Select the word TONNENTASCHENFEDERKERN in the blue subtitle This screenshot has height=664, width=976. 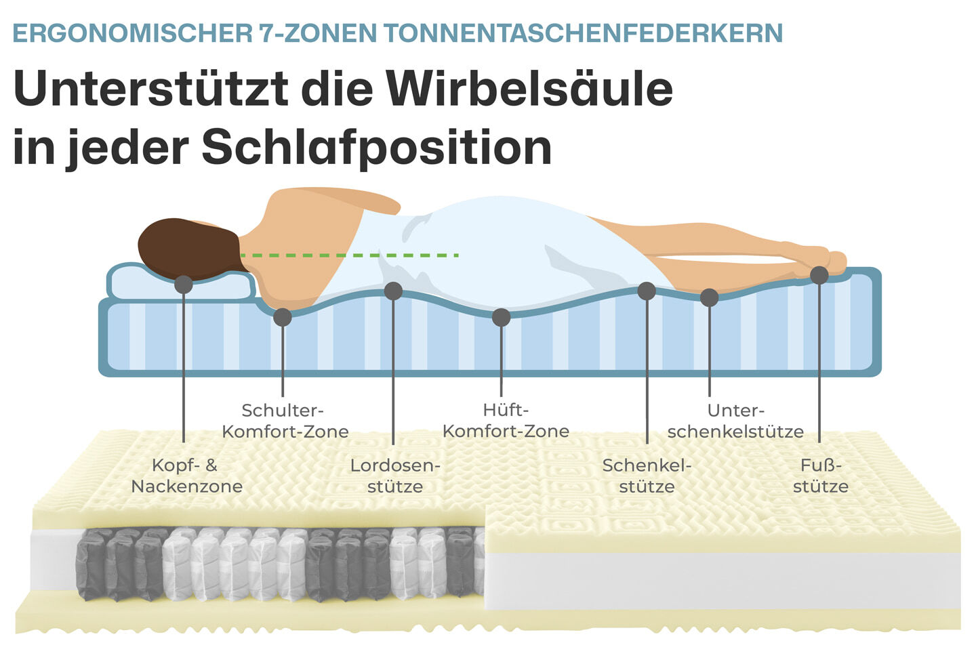click(583, 33)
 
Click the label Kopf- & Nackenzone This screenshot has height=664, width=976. click(186, 476)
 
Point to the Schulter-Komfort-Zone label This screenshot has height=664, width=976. click(285, 421)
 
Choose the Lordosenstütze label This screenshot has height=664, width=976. click(395, 476)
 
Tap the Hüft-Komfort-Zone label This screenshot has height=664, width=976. click(506, 421)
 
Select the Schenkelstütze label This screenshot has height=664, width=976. click(647, 476)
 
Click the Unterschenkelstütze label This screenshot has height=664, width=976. click(735, 421)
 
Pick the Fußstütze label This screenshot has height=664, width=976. click(820, 476)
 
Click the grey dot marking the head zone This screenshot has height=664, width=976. click(183, 284)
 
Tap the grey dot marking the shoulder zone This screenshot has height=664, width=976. click(283, 316)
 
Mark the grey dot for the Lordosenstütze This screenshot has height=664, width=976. click(393, 291)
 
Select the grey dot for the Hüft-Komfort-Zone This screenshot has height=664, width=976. click(501, 316)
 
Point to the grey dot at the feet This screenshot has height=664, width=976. click(819, 275)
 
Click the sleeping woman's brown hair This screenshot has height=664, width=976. click(183, 247)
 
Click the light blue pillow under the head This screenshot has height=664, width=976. click(136, 285)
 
